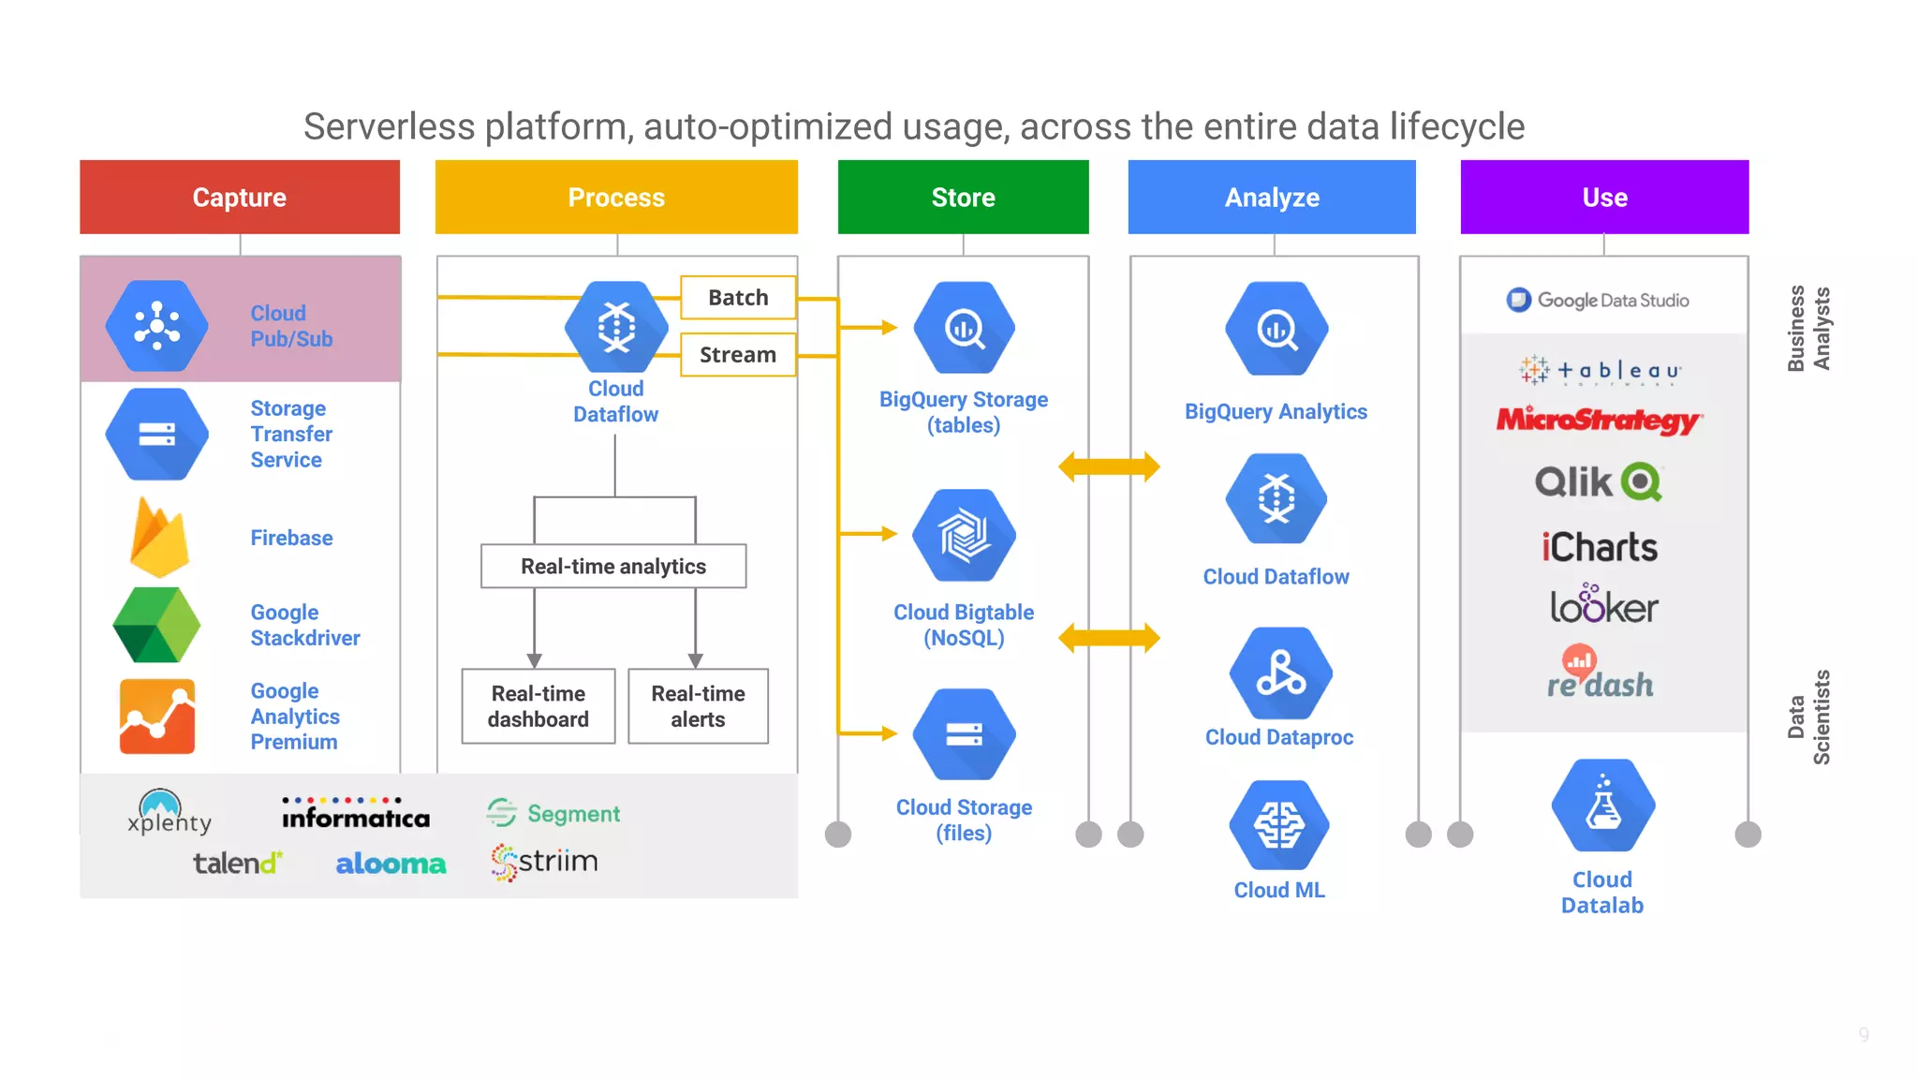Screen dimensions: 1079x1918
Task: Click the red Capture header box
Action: [x=240, y=197]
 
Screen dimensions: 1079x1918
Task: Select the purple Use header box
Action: [x=1604, y=197]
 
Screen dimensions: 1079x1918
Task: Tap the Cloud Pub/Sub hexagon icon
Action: [x=157, y=326]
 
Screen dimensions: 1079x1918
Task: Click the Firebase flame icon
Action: [x=159, y=538]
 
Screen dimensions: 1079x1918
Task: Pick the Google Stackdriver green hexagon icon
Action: [x=156, y=625]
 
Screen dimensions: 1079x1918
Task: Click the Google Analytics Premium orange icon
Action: [x=157, y=717]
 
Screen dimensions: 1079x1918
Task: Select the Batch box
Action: [x=738, y=298]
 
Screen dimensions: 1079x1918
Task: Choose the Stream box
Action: [x=738, y=355]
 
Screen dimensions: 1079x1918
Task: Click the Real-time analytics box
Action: [x=613, y=567]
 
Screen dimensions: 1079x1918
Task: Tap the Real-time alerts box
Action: [x=698, y=706]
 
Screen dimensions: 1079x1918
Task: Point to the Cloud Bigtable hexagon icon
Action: [x=964, y=535]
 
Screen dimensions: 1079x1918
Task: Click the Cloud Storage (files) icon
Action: [x=964, y=734]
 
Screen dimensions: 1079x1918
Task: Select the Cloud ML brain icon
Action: [x=1278, y=825]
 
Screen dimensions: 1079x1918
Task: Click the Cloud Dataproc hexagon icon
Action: [x=1280, y=673]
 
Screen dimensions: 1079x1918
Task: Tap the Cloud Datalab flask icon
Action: [x=1602, y=806]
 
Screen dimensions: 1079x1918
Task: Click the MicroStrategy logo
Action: [x=1599, y=421]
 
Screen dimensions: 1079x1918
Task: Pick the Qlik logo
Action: [x=1598, y=482]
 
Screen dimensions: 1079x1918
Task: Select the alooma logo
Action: [x=391, y=864]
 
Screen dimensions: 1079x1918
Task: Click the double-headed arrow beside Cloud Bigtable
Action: [x=1109, y=639]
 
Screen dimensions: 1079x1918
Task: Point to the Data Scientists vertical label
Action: [x=1808, y=717]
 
